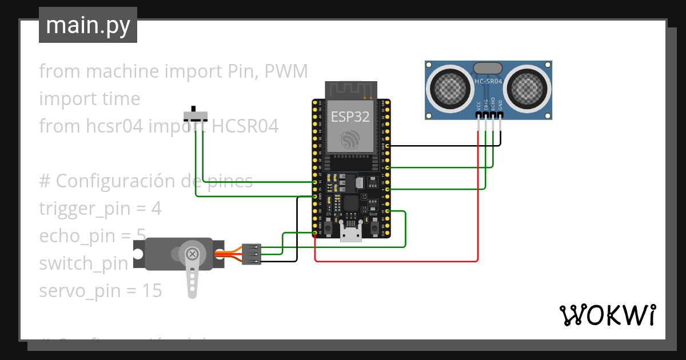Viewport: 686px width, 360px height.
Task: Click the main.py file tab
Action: (x=87, y=25)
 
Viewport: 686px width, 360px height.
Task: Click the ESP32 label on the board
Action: (x=350, y=117)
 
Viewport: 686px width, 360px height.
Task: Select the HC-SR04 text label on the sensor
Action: (x=488, y=82)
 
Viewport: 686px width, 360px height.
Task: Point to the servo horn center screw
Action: (x=193, y=253)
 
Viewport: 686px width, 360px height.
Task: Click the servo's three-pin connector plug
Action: (x=252, y=254)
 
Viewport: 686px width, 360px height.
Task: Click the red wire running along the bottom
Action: (x=400, y=262)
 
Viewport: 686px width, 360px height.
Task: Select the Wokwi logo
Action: (x=607, y=315)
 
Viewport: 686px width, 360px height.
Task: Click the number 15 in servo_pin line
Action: (x=151, y=291)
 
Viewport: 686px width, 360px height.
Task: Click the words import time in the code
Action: (x=89, y=99)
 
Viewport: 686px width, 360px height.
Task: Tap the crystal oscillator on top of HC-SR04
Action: (x=488, y=68)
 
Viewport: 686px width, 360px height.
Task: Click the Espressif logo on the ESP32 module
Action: (x=350, y=140)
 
